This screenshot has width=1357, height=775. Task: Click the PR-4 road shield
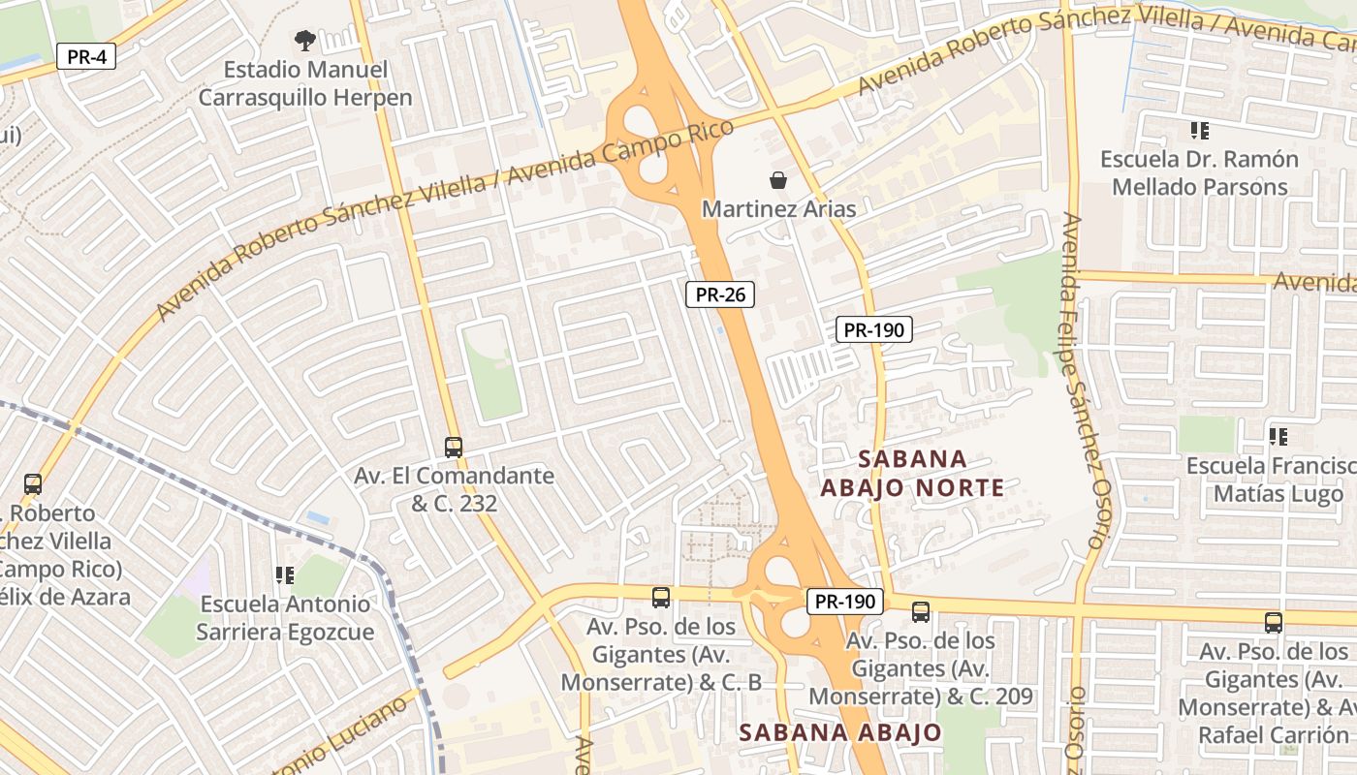coord(86,56)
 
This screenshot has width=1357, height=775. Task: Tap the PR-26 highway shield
coord(720,294)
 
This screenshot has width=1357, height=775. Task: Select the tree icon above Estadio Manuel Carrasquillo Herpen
coord(305,41)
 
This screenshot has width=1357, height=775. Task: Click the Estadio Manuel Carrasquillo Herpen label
coord(305,83)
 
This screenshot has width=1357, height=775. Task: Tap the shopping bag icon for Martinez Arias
coord(777,180)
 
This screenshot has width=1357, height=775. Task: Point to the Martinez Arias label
coord(778,208)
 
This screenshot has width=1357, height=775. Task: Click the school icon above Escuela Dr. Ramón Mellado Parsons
coord(1200,130)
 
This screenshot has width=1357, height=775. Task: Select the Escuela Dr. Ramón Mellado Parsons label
coord(1200,172)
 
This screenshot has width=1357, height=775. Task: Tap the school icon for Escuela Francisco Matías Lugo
coord(1278,437)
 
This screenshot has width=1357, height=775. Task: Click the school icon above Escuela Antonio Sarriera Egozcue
coord(284,575)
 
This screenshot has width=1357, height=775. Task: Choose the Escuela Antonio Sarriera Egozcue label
coord(285,617)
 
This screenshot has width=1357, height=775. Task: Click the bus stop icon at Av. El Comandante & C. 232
coord(454,447)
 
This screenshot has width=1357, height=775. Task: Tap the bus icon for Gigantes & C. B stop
coord(661,597)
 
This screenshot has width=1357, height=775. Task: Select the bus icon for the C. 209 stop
coord(921,611)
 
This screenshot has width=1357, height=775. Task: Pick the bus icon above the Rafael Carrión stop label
coord(1274,623)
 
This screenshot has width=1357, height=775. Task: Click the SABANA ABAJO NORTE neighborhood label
coord(912,473)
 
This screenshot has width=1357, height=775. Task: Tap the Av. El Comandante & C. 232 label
coord(454,489)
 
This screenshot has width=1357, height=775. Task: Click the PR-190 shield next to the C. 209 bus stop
coord(845,602)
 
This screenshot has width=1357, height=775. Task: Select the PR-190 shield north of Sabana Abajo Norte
coord(873,329)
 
